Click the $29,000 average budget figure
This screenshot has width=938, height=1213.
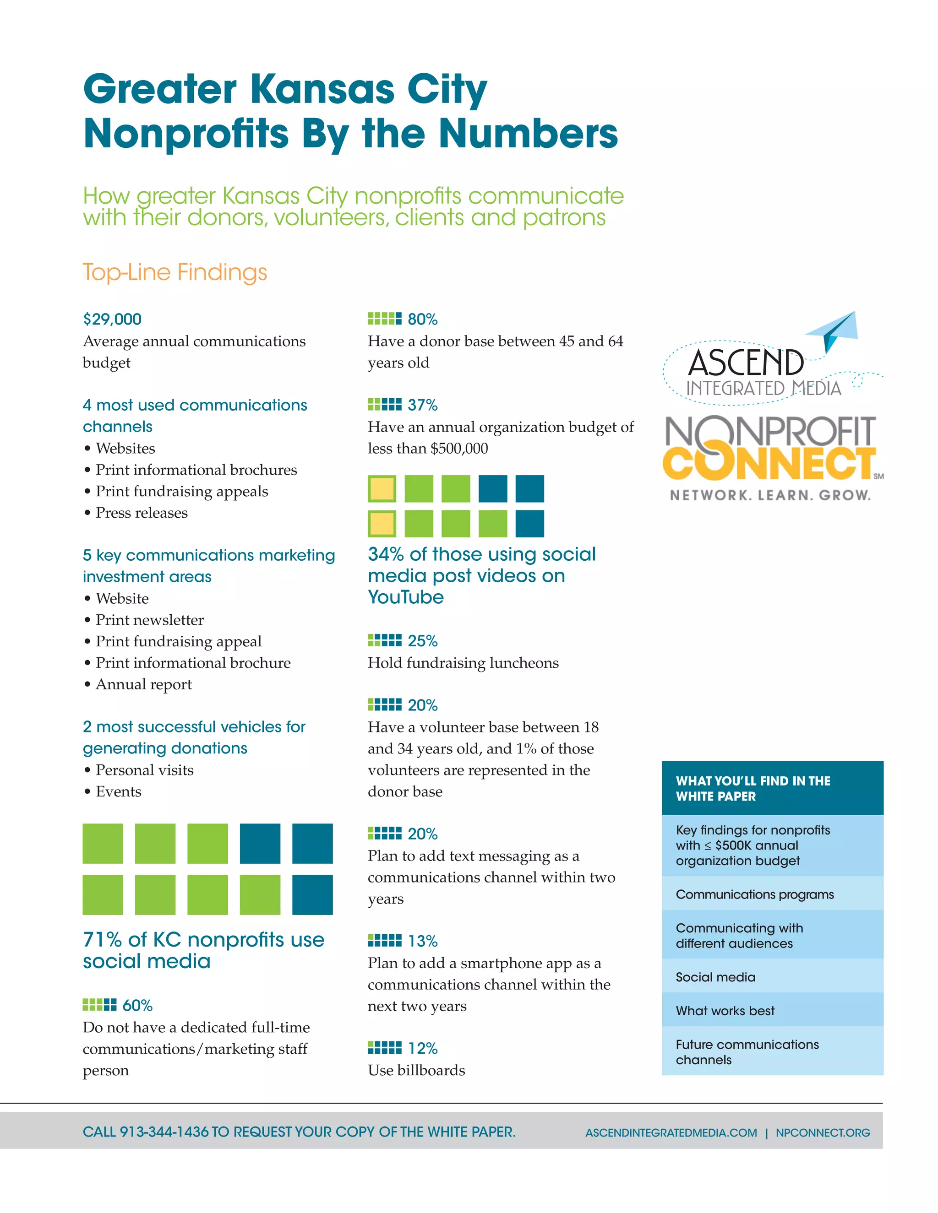click(112, 319)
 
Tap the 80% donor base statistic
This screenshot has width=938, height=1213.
click(422, 319)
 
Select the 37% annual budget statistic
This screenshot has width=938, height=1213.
click(422, 405)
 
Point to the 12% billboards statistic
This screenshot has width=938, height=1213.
click(422, 1048)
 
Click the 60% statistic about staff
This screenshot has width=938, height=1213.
click(137, 1005)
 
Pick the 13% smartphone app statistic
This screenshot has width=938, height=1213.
click(422, 941)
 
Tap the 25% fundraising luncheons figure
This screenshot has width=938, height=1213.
click(422, 641)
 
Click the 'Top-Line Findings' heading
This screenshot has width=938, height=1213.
click(175, 273)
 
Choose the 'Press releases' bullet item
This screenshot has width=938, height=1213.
click(142, 513)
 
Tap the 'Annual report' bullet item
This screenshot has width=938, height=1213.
click(144, 684)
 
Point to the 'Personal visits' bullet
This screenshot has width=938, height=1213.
click(144, 770)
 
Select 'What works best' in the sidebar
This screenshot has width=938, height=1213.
click(725, 1011)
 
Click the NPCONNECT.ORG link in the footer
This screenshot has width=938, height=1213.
click(823, 1132)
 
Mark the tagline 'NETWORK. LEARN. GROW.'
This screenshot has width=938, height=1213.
click(769, 495)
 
